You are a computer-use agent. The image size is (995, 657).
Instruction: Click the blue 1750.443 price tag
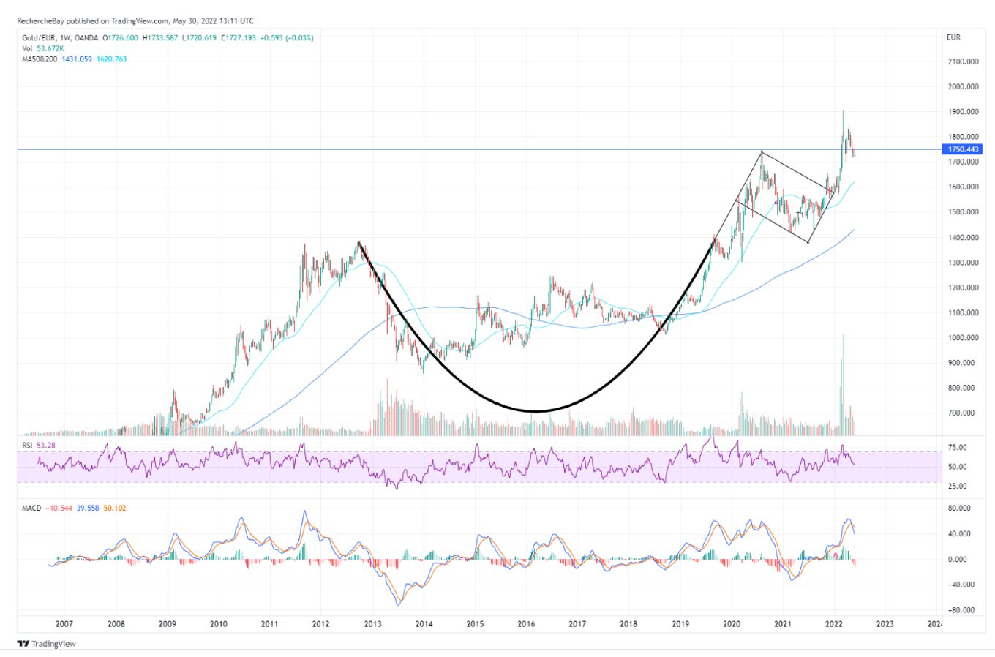pos(963,149)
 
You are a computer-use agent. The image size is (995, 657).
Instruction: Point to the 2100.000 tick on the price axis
pos(963,61)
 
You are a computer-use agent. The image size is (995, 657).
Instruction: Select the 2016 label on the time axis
pos(526,624)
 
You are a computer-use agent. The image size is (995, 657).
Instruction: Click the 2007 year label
pos(64,624)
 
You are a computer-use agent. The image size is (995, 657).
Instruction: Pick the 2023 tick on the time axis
pos(885,624)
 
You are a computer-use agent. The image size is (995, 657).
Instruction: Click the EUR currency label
pos(953,37)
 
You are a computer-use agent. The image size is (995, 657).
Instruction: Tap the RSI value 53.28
pos(46,445)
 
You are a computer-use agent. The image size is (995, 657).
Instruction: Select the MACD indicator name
pos(31,508)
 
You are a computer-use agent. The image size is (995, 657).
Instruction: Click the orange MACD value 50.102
pos(115,508)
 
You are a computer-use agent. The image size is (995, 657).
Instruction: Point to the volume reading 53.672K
pos(50,48)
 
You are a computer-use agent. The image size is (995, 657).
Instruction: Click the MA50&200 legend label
pos(40,59)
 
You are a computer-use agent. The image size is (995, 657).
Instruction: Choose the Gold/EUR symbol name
pos(40,37)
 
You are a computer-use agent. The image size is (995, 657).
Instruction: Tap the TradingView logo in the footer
pos(47,644)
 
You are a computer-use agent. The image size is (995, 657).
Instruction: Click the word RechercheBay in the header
pos(41,21)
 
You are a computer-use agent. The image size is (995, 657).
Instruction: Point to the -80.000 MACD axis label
pos(962,610)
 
